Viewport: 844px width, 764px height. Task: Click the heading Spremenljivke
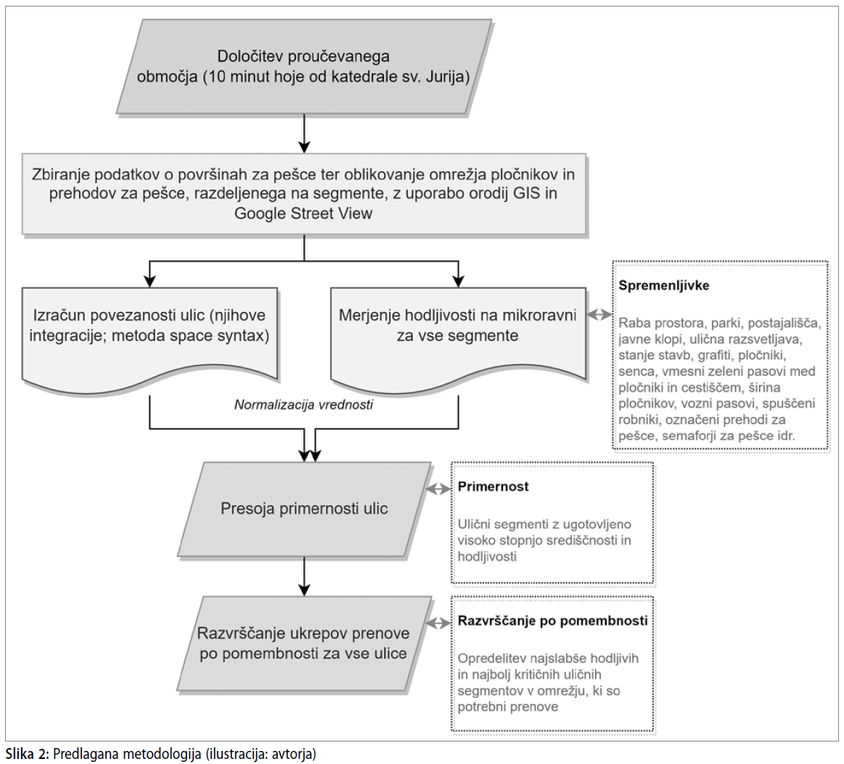pos(663,286)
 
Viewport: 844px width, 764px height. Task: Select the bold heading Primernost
pos(493,486)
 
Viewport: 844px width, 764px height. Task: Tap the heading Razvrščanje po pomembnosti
pos(552,621)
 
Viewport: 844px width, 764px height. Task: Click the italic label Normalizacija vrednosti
pos(303,405)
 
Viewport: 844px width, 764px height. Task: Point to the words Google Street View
pos(303,213)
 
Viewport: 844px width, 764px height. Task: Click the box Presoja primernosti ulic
pos(305,509)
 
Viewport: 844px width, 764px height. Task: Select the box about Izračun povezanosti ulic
pos(149,339)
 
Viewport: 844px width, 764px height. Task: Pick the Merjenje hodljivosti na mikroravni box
pos(458,336)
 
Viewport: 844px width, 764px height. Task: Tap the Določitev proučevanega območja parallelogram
pos(304,66)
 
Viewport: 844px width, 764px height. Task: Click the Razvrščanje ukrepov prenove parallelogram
pos(305,644)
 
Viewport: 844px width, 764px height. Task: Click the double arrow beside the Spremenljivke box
pos(599,315)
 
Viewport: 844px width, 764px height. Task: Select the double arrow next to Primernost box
pos(438,488)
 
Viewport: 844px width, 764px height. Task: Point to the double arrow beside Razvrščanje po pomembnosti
pos(438,623)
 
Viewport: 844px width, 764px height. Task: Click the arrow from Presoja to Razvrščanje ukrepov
pos(305,576)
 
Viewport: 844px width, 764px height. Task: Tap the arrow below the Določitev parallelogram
pos(305,134)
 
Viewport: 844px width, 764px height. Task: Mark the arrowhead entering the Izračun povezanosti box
pos(149,282)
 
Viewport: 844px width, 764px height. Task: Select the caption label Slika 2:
pos(28,754)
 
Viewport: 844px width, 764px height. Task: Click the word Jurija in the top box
pos(447,77)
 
